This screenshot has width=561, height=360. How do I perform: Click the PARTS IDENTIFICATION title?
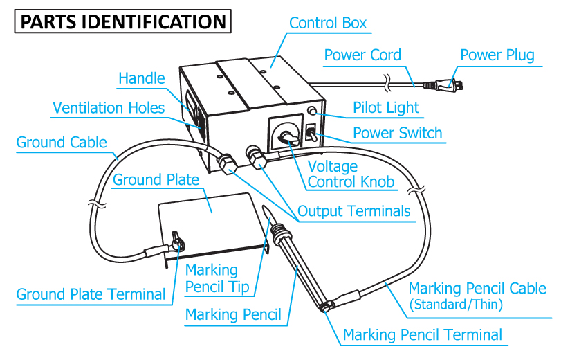[123, 21]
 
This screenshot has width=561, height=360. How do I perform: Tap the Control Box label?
[328, 23]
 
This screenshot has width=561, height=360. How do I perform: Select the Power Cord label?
[362, 55]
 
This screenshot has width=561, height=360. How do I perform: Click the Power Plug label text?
[497, 55]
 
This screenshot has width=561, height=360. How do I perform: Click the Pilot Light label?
[386, 108]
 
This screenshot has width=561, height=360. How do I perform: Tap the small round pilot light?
[313, 111]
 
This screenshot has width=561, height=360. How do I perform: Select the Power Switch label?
[397, 132]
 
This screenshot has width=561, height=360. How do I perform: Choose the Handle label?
[142, 78]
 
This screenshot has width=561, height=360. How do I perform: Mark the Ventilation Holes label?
[109, 108]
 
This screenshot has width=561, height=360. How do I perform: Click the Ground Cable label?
[62, 143]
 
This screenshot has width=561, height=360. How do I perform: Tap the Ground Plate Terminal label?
[91, 294]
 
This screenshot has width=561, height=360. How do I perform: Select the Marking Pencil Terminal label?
[423, 336]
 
